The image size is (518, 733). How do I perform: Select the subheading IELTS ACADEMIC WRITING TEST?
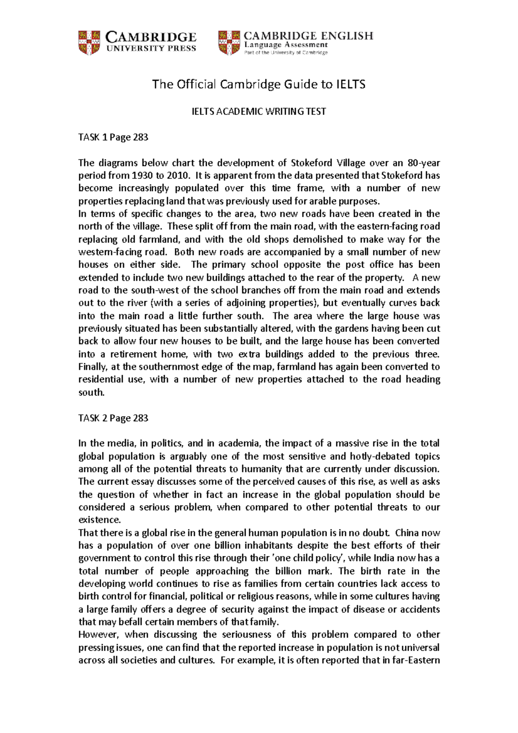click(259, 112)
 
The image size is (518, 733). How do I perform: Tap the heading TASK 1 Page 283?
click(113, 138)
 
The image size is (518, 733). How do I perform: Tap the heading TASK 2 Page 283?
click(113, 418)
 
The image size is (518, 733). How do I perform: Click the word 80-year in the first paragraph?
click(423, 163)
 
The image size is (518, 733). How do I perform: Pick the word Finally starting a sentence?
click(92, 367)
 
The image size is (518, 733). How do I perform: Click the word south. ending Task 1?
click(91, 392)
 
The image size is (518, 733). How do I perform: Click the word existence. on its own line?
click(98, 520)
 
